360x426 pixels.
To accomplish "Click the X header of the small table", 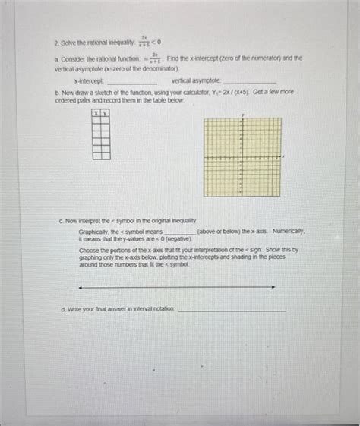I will (x=96, y=112).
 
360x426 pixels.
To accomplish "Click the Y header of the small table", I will (x=105, y=112).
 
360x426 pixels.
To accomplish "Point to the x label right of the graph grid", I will (x=284, y=156).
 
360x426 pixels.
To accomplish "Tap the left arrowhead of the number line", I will (x=81, y=287).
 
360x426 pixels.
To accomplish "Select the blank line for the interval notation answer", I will (x=232, y=311).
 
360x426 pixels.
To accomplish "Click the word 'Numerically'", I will (x=289, y=230).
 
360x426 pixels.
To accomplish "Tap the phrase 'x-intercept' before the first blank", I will (x=89, y=80).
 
